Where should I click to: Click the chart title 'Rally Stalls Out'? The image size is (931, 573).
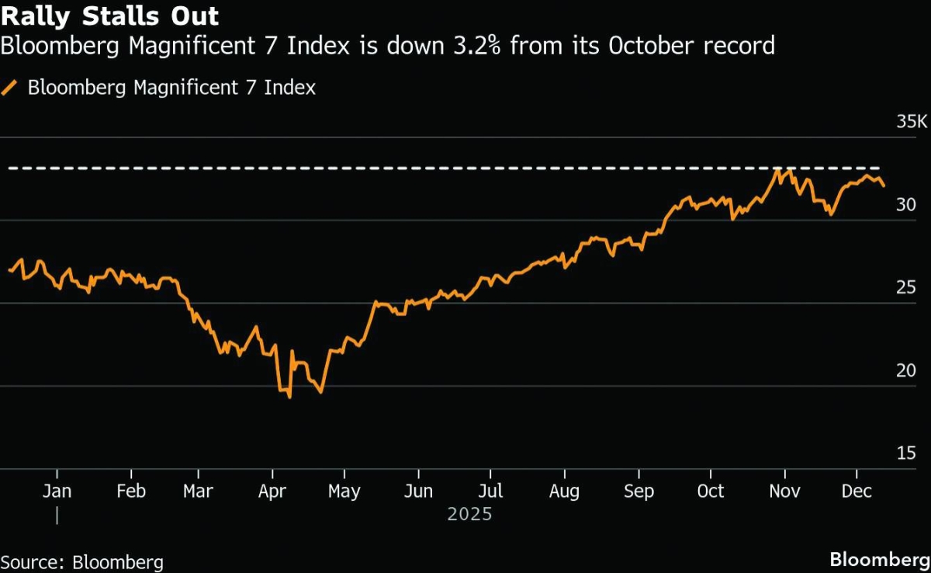pyautogui.click(x=109, y=16)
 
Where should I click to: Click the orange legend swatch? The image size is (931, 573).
pyautogui.click(x=10, y=88)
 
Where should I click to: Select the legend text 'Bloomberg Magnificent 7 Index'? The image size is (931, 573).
pyautogui.click(x=171, y=88)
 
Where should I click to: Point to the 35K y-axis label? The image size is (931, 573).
pyautogui.click(x=911, y=123)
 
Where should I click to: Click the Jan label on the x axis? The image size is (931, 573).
pyautogui.click(x=57, y=491)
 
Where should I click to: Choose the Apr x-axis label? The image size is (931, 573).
pyautogui.click(x=272, y=491)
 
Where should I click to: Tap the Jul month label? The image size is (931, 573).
pyautogui.click(x=490, y=491)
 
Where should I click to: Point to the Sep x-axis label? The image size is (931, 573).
pyautogui.click(x=639, y=491)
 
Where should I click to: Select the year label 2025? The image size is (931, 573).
pyautogui.click(x=469, y=514)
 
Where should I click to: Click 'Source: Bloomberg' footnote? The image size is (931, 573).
pyautogui.click(x=81, y=561)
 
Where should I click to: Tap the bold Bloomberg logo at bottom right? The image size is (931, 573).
pyautogui.click(x=880, y=560)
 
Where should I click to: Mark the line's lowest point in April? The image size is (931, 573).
pyautogui.click(x=289, y=398)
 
